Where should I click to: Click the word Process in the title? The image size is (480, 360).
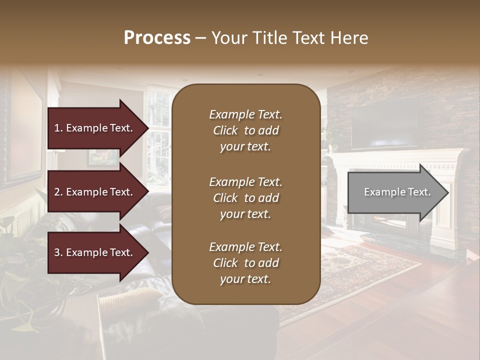(157, 38)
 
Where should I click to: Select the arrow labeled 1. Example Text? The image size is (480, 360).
(95, 128)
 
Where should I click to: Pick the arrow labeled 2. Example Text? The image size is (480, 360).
(95, 192)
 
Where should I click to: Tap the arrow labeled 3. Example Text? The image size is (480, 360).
(95, 252)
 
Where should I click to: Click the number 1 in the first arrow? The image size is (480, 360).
(57, 128)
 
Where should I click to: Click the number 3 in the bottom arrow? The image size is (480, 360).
(57, 252)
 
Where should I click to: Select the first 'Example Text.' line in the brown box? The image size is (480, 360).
(245, 114)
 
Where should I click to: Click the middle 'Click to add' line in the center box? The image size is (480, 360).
(245, 198)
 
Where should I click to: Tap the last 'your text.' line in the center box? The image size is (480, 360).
(245, 279)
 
